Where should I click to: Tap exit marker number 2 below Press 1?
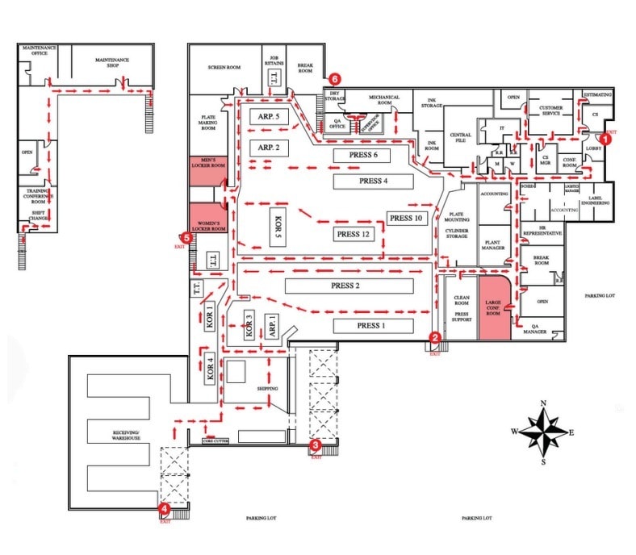(x=435, y=338)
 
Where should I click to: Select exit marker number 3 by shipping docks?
(x=316, y=444)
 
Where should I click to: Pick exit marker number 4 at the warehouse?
(x=164, y=508)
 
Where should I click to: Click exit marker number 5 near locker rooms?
(x=187, y=238)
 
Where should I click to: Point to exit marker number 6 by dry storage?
(x=334, y=79)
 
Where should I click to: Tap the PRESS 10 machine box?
(x=405, y=218)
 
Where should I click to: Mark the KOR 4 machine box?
(x=210, y=368)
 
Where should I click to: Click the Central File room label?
(x=460, y=138)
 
